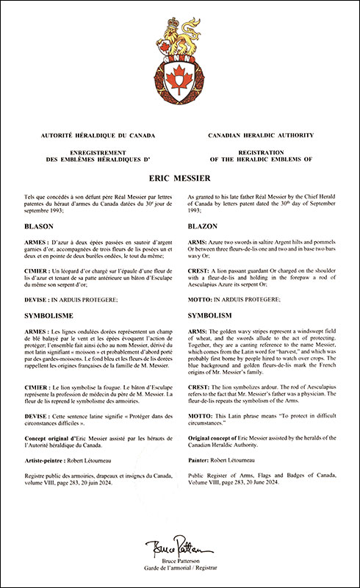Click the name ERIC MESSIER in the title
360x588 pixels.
click(x=180, y=177)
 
